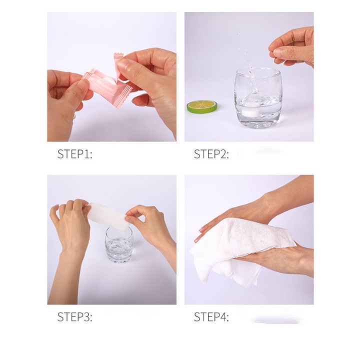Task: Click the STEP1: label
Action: point(74,154)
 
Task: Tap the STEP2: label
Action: point(211,154)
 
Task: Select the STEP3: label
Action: point(74,317)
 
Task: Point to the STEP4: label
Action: point(211,317)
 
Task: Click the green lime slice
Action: point(202,106)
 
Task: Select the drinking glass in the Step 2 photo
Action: point(258,97)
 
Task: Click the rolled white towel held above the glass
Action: point(108,216)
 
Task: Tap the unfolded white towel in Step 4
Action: point(241,250)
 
